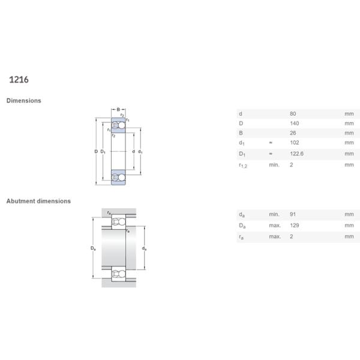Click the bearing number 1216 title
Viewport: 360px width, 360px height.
point(19,80)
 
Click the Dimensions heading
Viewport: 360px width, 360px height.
point(23,101)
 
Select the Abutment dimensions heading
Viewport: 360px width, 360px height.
point(38,201)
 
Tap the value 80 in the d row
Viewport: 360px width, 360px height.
point(293,113)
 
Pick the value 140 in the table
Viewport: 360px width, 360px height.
point(295,123)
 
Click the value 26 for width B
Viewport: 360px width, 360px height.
point(293,133)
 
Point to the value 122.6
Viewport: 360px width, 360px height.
point(296,154)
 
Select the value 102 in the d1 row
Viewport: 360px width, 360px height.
point(295,143)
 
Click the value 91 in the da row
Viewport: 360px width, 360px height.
point(293,214)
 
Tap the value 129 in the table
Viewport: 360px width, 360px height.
point(295,225)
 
